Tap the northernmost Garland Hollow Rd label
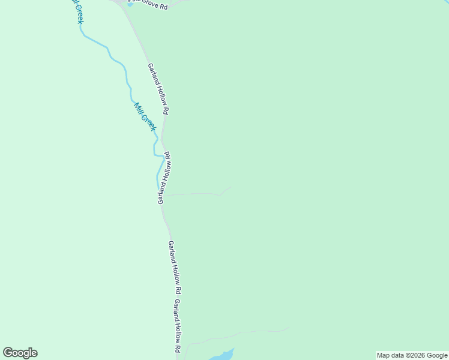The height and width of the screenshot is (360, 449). click(x=159, y=89)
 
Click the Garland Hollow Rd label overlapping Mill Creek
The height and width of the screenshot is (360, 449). click(x=164, y=178)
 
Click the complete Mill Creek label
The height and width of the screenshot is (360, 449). click(x=145, y=117)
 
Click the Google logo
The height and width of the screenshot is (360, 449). click(x=20, y=353)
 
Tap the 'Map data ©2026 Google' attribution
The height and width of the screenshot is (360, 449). click(x=412, y=355)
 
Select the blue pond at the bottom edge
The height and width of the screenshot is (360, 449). click(x=222, y=355)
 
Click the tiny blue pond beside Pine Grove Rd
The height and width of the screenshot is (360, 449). click(x=130, y=5)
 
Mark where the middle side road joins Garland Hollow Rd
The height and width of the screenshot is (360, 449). click(x=163, y=196)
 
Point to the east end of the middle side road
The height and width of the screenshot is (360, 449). click(x=231, y=187)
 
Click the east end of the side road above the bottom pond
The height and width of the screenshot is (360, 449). click(x=289, y=328)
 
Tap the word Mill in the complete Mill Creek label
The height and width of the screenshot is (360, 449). click(x=139, y=109)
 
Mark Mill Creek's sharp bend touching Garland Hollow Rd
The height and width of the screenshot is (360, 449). click(x=163, y=155)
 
